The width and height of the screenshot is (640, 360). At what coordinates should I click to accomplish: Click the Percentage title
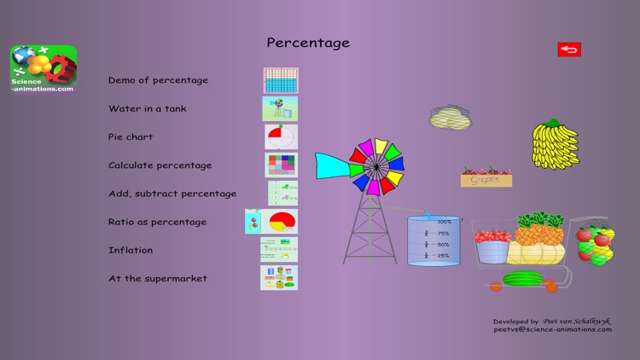pyautogui.click(x=308, y=43)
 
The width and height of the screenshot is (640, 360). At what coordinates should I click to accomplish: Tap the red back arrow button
pyautogui.click(x=569, y=49)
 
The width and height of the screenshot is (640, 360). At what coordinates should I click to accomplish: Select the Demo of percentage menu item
pyautogui.click(x=158, y=80)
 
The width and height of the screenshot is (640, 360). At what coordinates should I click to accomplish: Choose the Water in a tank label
pyautogui.click(x=147, y=108)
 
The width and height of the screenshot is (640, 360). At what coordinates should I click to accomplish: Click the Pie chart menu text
pyautogui.click(x=131, y=136)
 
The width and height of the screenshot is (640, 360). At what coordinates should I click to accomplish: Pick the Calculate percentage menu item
pyautogui.click(x=160, y=165)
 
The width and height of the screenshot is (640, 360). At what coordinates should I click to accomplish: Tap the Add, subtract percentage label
pyautogui.click(x=172, y=194)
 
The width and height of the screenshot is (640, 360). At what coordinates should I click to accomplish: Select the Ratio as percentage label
pyautogui.click(x=157, y=222)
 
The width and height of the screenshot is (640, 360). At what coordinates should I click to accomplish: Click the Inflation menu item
pyautogui.click(x=131, y=250)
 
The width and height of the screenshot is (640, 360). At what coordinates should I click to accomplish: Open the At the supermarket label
pyautogui.click(x=157, y=278)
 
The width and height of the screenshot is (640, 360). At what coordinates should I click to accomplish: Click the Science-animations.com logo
pyautogui.click(x=44, y=68)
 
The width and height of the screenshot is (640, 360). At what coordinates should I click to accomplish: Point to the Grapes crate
pyautogui.click(x=486, y=178)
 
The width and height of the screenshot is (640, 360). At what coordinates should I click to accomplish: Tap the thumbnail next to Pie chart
pyautogui.click(x=281, y=136)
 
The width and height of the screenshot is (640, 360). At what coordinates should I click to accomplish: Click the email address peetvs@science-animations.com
pyautogui.click(x=552, y=329)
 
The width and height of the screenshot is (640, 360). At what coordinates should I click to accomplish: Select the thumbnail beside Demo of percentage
pyautogui.click(x=281, y=80)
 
